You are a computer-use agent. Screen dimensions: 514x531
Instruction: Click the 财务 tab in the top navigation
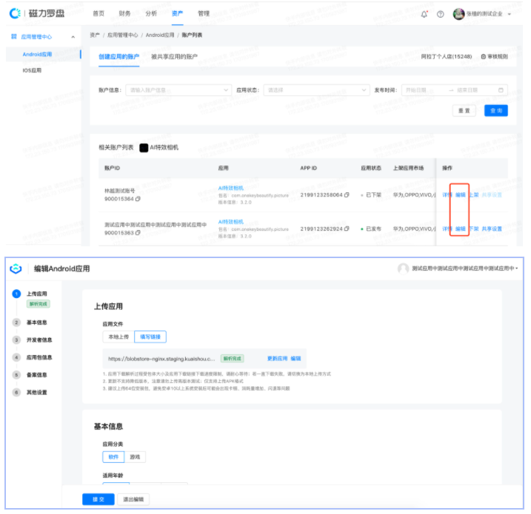[124, 13]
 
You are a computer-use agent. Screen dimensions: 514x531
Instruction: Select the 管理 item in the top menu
[204, 13]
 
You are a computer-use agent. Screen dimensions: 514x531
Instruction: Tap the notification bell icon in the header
[424, 14]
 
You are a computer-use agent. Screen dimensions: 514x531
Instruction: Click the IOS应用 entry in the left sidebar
[33, 71]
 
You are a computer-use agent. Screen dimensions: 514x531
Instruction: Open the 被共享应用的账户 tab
[174, 56]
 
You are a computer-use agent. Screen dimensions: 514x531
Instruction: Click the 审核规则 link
[494, 56]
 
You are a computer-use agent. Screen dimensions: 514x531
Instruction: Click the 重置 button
[464, 110]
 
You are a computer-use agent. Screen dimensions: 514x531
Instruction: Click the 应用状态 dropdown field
[316, 90]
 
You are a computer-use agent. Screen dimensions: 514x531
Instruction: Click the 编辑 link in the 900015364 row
[460, 195]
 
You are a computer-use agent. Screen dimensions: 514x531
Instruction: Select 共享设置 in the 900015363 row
[492, 229]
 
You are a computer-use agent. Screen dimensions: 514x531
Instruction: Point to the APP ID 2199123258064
[321, 195]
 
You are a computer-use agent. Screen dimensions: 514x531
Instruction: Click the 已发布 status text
[375, 229]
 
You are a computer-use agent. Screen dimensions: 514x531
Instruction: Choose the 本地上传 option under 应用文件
[118, 337]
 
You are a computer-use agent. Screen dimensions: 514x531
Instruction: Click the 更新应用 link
[277, 358]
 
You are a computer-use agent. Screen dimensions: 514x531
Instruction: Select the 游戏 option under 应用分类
[134, 457]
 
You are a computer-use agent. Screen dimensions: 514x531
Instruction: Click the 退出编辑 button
[133, 499]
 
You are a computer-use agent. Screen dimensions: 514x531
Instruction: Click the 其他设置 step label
[37, 392]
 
